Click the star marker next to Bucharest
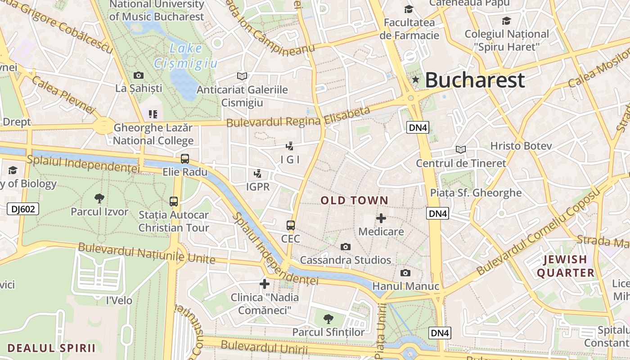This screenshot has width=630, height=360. [416, 80]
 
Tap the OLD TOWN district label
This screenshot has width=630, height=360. [355, 201]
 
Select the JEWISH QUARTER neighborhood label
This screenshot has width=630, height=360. [566, 266]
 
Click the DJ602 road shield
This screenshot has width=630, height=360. [23, 209]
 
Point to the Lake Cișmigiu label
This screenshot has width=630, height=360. [186, 56]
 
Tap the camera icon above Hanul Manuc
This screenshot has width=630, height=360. [405, 273]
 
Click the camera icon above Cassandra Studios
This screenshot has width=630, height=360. [346, 247]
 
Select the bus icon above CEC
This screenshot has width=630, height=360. [291, 225]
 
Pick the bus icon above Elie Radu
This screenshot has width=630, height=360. [185, 158]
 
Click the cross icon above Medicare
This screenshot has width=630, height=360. [381, 218]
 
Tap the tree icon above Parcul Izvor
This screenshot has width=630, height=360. [99, 198]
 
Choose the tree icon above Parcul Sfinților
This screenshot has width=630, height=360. [328, 319]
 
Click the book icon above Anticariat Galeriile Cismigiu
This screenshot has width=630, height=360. [242, 76]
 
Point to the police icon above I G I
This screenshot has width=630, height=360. [290, 146]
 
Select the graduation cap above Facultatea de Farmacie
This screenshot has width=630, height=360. [409, 9]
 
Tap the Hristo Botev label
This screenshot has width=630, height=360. [521, 146]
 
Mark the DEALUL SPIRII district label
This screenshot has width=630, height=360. [51, 348]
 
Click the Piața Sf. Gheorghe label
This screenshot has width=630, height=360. [476, 193]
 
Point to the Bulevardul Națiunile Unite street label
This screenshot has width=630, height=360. [146, 253]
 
